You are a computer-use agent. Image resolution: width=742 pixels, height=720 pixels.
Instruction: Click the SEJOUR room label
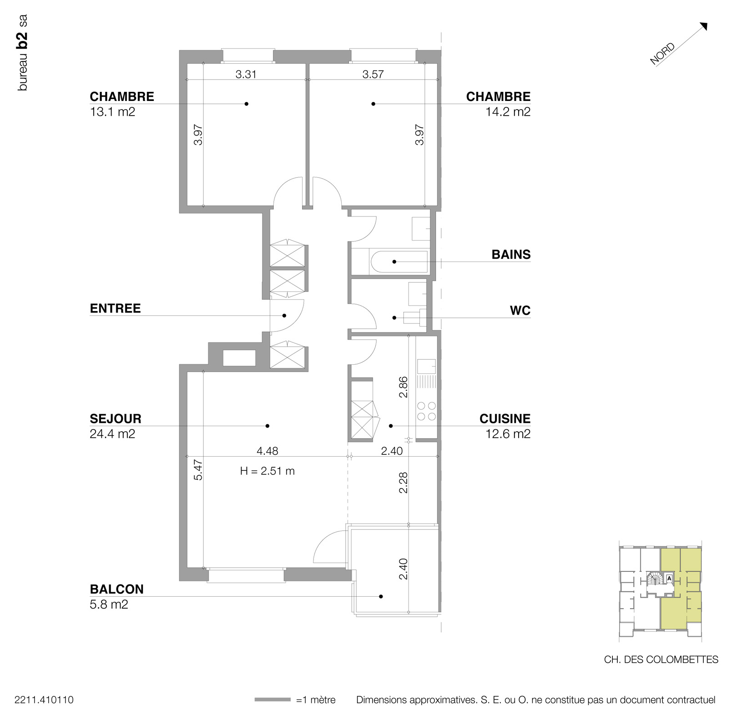pyautogui.click(x=116, y=418)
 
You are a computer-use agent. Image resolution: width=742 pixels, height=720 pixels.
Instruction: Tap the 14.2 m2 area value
pyautogui.click(x=508, y=112)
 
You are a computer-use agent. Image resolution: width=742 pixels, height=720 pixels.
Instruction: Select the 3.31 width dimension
pyautogui.click(x=246, y=74)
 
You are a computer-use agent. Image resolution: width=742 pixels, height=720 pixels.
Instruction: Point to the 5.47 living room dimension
pyautogui.click(x=198, y=470)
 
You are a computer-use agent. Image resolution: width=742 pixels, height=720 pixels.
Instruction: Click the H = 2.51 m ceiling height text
pyautogui.click(x=267, y=471)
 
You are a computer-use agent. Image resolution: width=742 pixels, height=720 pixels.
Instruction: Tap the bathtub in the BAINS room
pyautogui.click(x=399, y=262)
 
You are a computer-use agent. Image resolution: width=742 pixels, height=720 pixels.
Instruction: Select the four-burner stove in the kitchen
pyautogui.click(x=426, y=411)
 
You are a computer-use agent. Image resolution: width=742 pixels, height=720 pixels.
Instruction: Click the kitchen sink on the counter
pyautogui.click(x=426, y=367)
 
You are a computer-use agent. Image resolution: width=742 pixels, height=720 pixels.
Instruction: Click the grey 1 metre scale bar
pyautogui.click(x=272, y=700)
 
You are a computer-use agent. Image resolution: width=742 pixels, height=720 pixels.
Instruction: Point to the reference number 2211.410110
pyautogui.click(x=44, y=700)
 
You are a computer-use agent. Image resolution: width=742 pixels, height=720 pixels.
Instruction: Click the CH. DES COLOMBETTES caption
pyautogui.click(x=661, y=660)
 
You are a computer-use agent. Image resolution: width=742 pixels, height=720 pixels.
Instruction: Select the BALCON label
pyautogui.click(x=116, y=589)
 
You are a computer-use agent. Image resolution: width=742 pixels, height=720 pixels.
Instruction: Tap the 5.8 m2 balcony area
pyautogui.click(x=109, y=604)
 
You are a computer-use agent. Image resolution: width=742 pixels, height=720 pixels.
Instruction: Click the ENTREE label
pyautogui.click(x=115, y=308)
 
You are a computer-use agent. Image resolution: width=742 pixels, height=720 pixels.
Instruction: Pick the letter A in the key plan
pyautogui.click(x=669, y=579)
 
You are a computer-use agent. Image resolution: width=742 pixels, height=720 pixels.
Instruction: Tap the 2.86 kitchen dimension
pyautogui.click(x=403, y=387)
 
